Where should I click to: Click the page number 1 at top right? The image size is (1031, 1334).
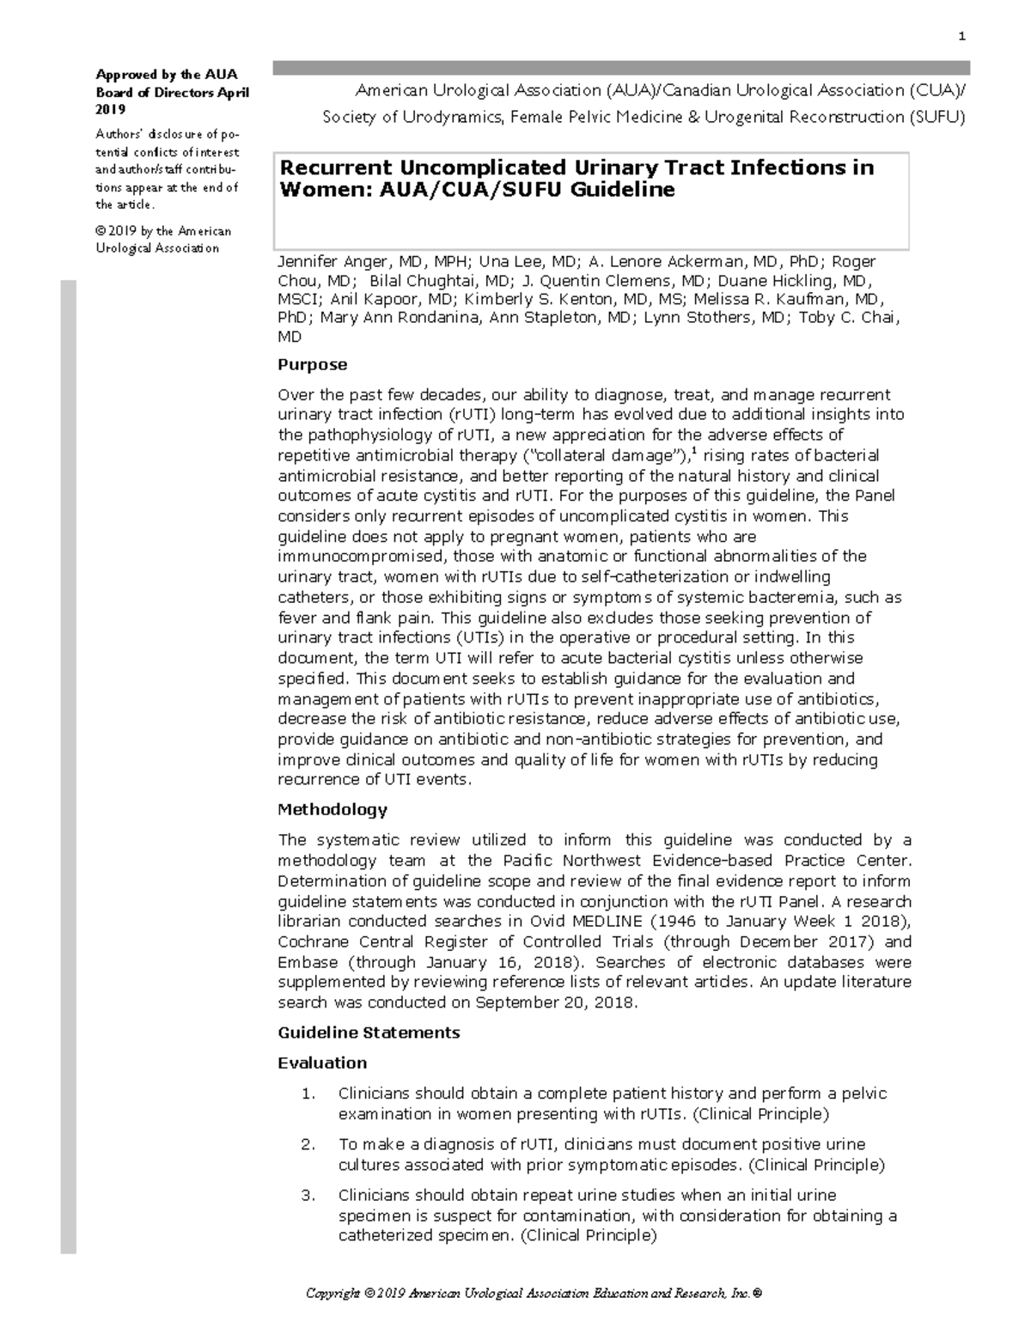point(962,36)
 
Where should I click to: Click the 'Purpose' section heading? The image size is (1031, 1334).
point(312,365)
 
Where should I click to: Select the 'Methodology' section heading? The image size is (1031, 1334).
point(332,810)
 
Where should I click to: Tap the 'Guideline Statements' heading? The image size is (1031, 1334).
point(369,1032)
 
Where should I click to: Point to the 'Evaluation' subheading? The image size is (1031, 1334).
point(322,1063)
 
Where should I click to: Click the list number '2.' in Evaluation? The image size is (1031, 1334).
point(308,1145)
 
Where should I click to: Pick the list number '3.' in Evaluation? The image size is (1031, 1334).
point(308,1196)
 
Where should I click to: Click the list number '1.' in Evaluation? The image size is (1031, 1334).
point(308,1094)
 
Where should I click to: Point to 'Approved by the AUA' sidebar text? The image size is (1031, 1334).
point(166,75)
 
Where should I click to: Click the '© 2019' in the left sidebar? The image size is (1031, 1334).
point(115,231)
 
